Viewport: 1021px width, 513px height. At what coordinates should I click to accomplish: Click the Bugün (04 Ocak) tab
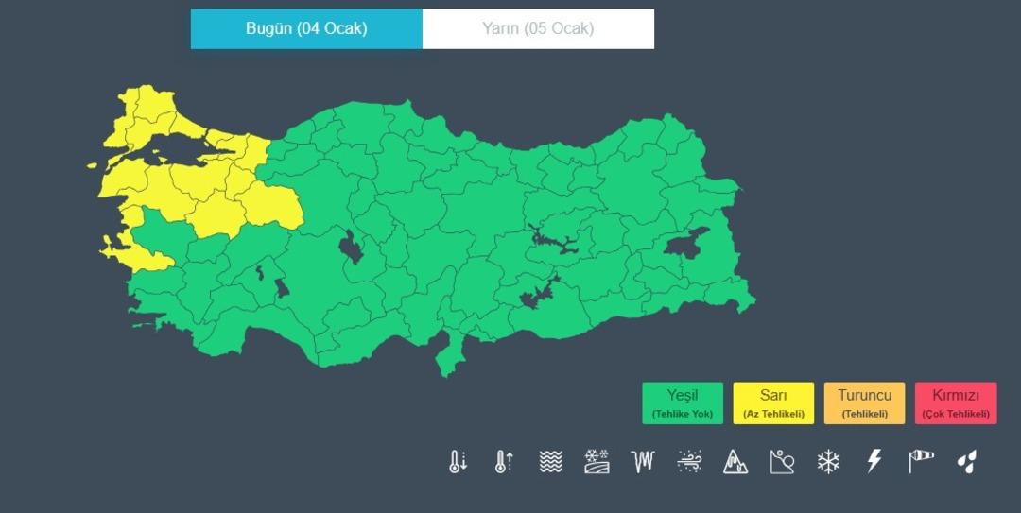coord(306,28)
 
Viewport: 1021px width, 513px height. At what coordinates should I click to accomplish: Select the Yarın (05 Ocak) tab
coord(538,28)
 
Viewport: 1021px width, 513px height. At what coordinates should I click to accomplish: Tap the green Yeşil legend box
coord(682,403)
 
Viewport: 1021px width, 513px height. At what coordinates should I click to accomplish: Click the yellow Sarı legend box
coord(772,403)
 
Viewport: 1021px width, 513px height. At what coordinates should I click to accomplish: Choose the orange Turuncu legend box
coord(864,403)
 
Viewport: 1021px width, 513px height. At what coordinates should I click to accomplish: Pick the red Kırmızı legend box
coord(956,403)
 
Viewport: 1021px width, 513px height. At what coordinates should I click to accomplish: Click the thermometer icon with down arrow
coord(458,461)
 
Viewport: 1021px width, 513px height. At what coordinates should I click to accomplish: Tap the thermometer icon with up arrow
coord(504,461)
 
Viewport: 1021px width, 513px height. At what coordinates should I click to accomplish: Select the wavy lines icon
coord(550,461)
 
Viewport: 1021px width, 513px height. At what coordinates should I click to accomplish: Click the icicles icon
coord(643,461)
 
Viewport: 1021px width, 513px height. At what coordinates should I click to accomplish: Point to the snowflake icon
coord(828,461)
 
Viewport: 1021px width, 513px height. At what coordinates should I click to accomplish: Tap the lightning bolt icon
coord(874,461)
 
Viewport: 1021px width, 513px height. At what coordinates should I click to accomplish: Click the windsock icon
coord(921,461)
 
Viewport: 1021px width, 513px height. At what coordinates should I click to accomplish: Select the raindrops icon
coord(966,461)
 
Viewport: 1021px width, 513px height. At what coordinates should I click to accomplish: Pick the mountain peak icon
coord(735,461)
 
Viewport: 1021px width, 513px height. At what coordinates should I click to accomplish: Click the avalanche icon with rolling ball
coord(782,461)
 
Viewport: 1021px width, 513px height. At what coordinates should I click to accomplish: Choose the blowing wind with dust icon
coord(689,461)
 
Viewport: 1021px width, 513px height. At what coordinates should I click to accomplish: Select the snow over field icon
coord(597,461)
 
